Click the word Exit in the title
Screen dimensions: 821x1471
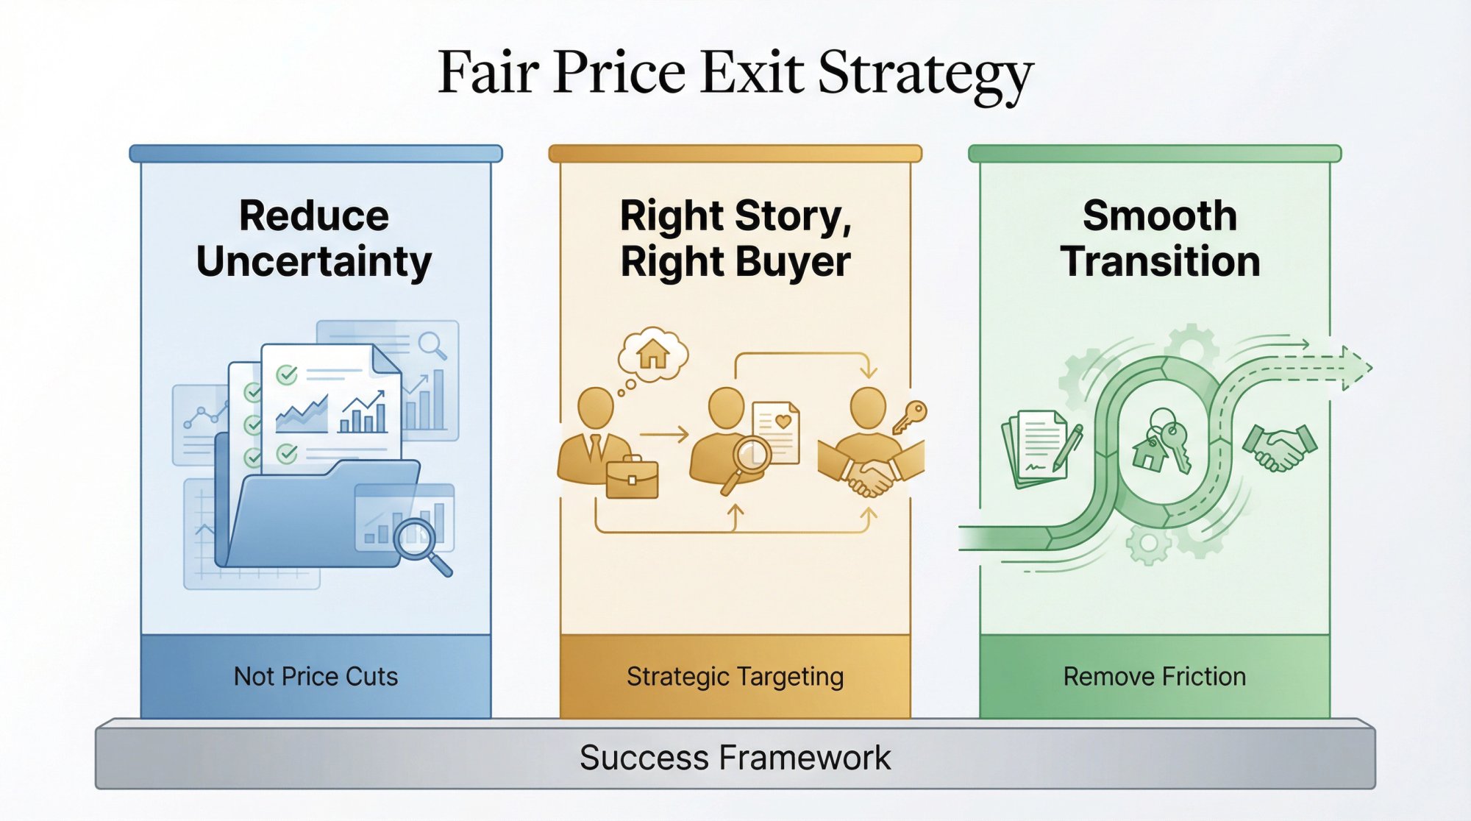[752, 74]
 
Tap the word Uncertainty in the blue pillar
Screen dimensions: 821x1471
[314, 262]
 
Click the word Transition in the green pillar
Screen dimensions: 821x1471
[1160, 262]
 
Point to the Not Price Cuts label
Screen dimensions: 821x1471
[316, 676]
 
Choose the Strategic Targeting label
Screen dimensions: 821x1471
[735, 676]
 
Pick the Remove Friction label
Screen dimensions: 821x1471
[1154, 676]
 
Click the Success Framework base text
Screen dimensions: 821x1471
[735, 758]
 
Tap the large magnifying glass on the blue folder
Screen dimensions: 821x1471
[421, 544]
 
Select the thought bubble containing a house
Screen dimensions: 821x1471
[652, 355]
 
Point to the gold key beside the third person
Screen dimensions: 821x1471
[911, 416]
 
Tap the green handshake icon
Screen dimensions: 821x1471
[1280, 447]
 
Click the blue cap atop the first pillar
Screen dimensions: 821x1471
[316, 154]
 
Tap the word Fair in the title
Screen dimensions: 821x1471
[488, 74]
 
